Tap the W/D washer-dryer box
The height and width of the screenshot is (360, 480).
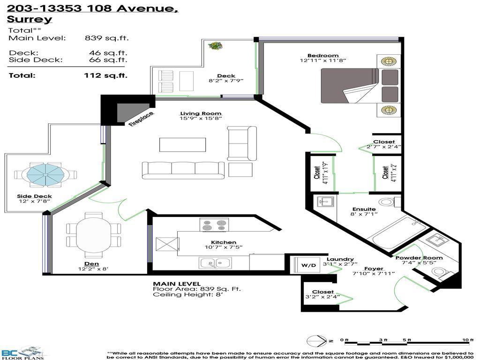coord(308,265)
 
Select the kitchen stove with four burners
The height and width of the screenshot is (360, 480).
coord(214,225)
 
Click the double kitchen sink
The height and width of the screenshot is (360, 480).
coord(215,263)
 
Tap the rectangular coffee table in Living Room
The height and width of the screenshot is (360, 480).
coord(182,144)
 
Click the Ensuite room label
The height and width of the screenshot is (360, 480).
coord(364,209)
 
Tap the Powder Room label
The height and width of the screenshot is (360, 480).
coord(419,258)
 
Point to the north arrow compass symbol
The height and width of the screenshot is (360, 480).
coord(314,341)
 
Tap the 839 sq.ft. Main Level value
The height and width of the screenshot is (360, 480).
coord(106,38)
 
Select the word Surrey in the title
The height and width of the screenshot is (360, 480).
coord(30,19)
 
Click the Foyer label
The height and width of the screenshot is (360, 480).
coord(374,269)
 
